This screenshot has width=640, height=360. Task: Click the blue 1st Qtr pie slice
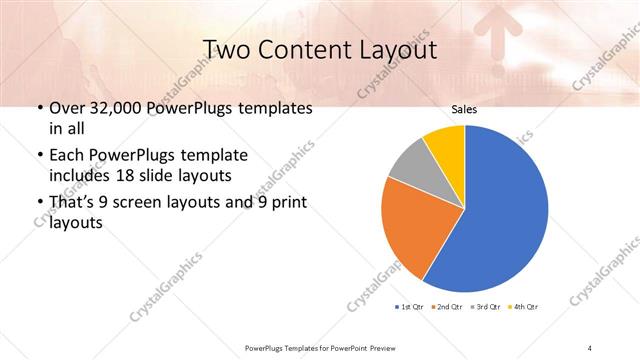tap(500, 210)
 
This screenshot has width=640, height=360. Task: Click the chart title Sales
tap(464, 108)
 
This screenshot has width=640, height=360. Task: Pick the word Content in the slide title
tap(301, 49)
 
